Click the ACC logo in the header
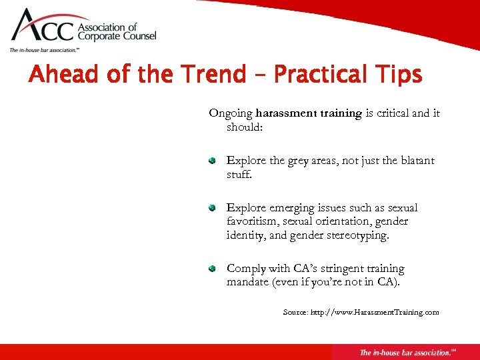(x=43, y=27)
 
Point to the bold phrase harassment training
(x=308, y=113)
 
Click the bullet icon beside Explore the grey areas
(x=211, y=161)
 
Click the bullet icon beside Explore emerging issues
(x=211, y=208)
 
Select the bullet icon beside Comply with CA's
(x=211, y=269)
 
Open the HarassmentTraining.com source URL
(x=375, y=312)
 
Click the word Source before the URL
(x=295, y=312)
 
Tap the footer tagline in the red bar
(x=406, y=352)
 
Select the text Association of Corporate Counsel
(x=117, y=32)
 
